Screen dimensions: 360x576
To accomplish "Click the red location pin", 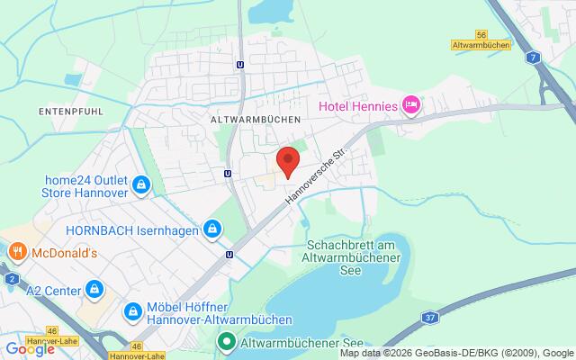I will click(x=287, y=160).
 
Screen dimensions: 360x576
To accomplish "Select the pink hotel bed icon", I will click(x=410, y=106).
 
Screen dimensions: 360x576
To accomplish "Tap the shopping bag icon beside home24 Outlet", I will click(x=141, y=185).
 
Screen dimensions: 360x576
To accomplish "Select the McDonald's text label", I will click(x=66, y=253).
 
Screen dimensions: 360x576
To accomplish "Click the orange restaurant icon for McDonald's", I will click(x=15, y=253).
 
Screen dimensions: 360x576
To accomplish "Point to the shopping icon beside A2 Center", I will click(x=94, y=290).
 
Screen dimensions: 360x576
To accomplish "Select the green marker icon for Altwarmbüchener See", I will click(x=226, y=342).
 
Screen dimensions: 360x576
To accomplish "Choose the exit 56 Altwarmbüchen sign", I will click(x=481, y=40).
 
